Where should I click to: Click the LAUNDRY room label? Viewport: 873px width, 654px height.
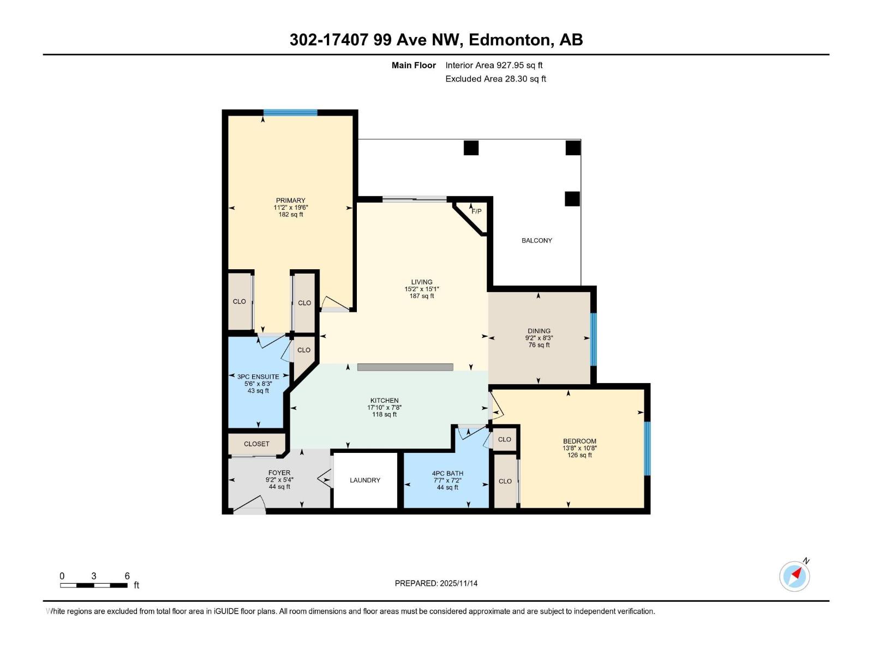(365, 480)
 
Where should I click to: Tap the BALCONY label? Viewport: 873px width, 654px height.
(536, 240)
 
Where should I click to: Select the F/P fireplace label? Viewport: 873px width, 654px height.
(476, 211)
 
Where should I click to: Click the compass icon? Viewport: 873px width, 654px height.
(794, 576)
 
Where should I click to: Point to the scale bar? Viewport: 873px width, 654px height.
(94, 585)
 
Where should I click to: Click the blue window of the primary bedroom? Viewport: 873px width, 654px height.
(290, 113)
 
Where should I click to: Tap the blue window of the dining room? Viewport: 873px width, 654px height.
(594, 339)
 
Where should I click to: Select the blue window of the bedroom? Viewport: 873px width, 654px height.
(647, 449)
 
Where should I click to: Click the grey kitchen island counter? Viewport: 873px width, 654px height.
(405, 367)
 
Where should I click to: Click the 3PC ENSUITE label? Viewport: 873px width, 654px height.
(258, 377)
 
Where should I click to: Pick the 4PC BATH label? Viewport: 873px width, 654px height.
(447, 474)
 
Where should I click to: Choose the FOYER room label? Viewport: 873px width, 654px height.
(279, 473)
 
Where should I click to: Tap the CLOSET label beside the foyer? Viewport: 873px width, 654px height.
(256, 444)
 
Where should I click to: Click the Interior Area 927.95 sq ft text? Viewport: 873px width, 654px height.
(494, 65)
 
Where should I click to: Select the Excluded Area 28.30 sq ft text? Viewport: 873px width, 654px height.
(495, 79)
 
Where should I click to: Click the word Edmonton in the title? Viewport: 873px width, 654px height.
(509, 40)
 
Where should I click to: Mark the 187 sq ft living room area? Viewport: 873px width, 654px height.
(422, 296)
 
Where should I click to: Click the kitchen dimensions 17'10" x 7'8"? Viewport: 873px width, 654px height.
(384, 408)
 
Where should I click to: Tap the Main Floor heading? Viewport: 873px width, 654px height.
(414, 65)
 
